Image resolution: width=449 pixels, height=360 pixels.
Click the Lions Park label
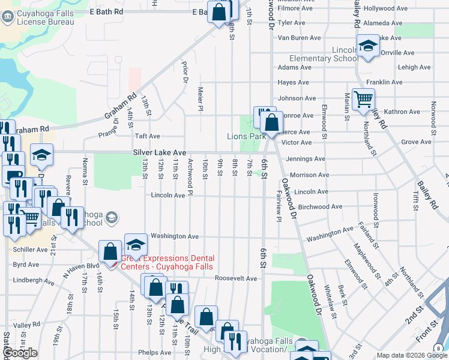pyautogui.click(x=246, y=137)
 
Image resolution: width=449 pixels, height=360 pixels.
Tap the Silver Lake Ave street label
pyautogui.click(x=160, y=154)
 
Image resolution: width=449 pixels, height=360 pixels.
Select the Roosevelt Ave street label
pyautogui.click(x=236, y=278)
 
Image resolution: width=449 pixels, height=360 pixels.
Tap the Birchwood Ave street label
pyautogui.click(x=320, y=207)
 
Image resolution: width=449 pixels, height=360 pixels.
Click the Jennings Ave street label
pyautogui.click(x=306, y=159)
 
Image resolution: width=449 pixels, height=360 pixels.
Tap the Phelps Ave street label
pyautogui.click(x=155, y=353)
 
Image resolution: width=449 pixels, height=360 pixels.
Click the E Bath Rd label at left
pyautogui.click(x=106, y=11)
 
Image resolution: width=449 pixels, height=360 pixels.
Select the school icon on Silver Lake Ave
pyautogui.click(x=41, y=155)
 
